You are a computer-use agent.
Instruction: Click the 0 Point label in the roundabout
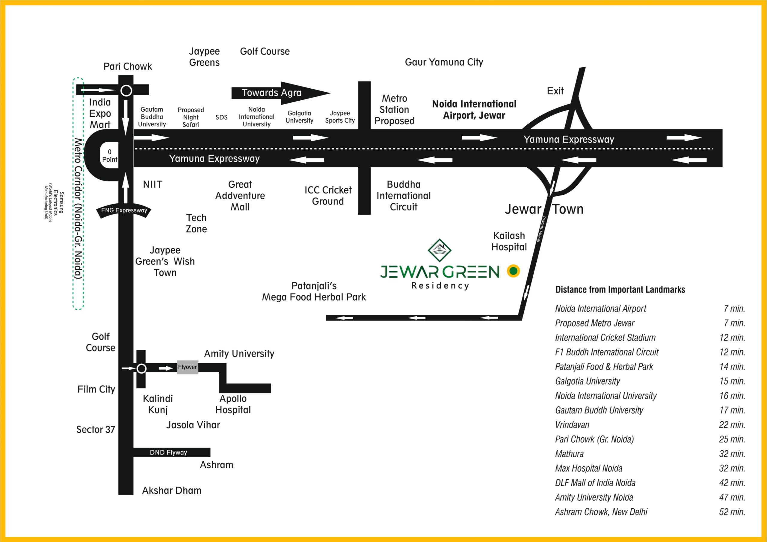click(x=110, y=156)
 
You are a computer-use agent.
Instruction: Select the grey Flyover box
click(x=188, y=367)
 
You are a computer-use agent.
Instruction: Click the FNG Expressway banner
click(x=124, y=211)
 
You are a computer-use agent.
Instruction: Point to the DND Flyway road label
click(x=168, y=452)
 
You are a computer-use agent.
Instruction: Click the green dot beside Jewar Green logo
click(x=513, y=271)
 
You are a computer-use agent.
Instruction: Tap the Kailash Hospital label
click(x=509, y=241)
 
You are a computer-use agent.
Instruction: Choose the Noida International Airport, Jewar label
click(x=474, y=110)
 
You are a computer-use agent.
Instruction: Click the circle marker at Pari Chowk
click(x=126, y=90)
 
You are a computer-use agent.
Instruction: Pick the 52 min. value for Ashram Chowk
click(x=732, y=512)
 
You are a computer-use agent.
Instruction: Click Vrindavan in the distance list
click(x=572, y=425)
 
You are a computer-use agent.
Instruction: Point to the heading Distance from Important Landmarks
click(x=620, y=290)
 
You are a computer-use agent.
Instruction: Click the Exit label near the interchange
click(x=555, y=91)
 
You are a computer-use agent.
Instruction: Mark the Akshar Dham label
click(x=172, y=490)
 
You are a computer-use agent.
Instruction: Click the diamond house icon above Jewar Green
click(x=439, y=250)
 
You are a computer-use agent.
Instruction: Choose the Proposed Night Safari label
click(x=191, y=117)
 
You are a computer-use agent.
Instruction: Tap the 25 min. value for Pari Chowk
click(x=732, y=439)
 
